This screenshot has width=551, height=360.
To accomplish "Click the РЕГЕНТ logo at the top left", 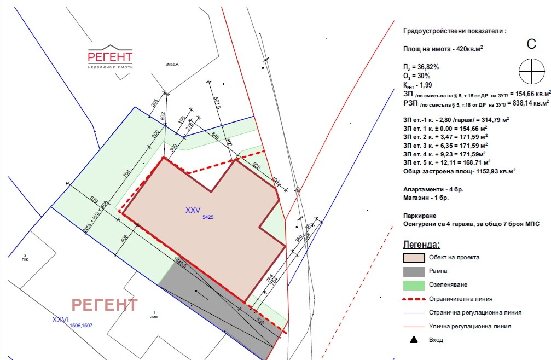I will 110,57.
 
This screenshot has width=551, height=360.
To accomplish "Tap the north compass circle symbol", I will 531,68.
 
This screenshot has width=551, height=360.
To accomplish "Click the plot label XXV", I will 193,210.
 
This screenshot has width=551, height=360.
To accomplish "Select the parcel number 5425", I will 207,217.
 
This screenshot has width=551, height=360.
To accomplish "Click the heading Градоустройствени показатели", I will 454,31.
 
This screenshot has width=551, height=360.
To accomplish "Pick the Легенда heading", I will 421,244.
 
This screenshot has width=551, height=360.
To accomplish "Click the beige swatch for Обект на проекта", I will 414,258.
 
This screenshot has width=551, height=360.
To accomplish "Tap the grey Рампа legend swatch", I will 414,271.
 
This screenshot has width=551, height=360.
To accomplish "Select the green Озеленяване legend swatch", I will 414,285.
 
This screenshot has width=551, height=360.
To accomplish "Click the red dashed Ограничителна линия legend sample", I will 414,299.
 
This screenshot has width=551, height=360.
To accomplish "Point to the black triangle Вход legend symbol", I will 414,340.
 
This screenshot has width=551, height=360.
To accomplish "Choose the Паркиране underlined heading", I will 420,216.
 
